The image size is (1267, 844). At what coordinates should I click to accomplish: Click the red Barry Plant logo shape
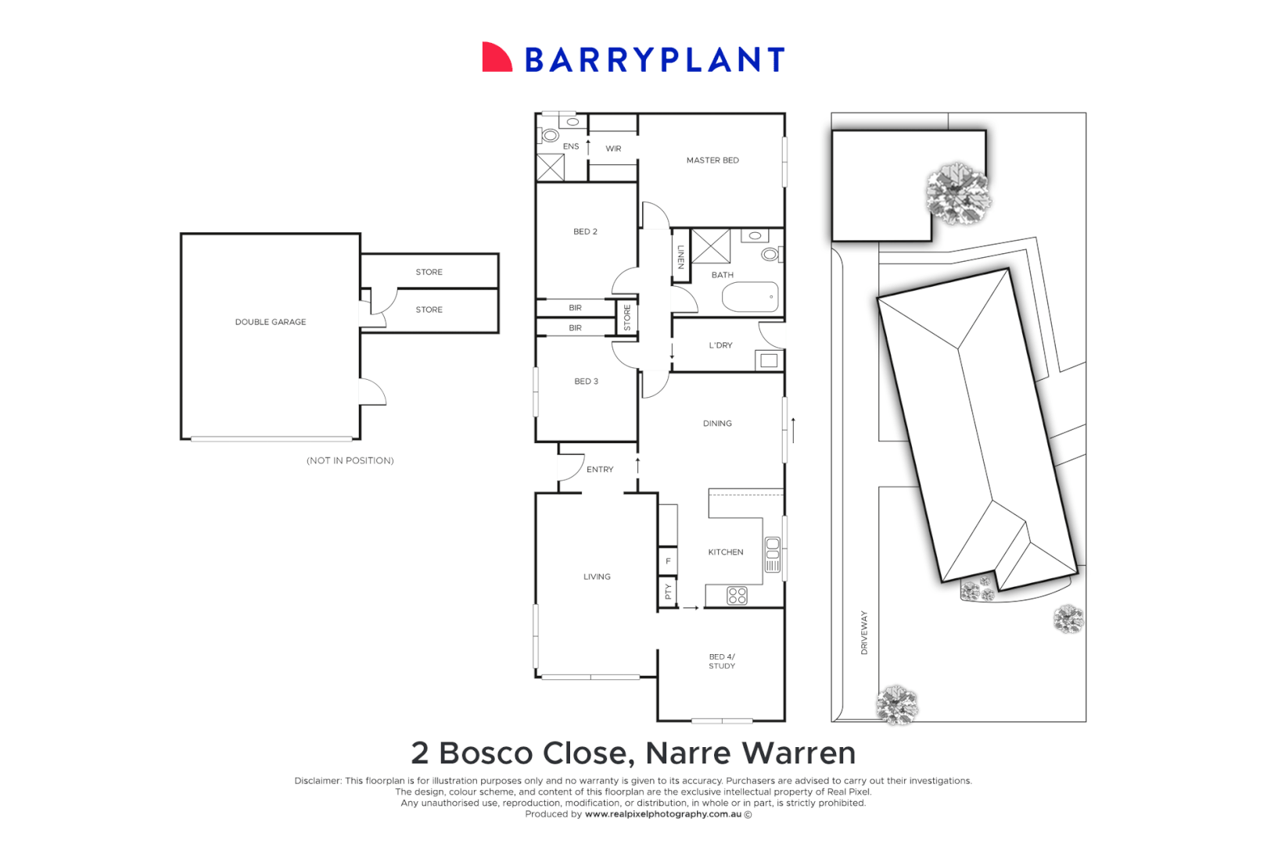click(x=496, y=58)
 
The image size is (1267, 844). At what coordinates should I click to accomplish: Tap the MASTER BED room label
click(x=712, y=160)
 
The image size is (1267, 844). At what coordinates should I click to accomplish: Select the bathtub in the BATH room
click(x=750, y=297)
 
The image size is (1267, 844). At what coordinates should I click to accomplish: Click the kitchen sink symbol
click(x=773, y=554)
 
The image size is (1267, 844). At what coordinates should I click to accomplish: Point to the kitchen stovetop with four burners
click(x=737, y=595)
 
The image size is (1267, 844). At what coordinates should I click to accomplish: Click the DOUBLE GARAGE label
click(x=271, y=322)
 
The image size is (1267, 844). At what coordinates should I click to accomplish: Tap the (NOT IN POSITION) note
click(x=350, y=461)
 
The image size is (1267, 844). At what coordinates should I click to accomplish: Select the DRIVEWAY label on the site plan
click(x=864, y=632)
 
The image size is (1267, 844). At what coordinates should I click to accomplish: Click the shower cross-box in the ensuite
click(x=551, y=167)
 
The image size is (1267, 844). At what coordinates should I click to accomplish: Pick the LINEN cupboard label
click(x=681, y=256)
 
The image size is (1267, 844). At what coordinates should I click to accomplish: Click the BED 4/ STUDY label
click(x=722, y=661)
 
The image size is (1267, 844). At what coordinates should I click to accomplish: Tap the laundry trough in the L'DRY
click(x=769, y=360)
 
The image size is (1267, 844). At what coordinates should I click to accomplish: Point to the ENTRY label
click(x=600, y=470)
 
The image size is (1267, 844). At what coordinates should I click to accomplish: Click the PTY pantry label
click(x=668, y=592)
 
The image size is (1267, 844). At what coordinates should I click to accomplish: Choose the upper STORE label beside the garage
click(x=429, y=272)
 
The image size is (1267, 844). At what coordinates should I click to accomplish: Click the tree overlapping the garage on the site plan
click(x=958, y=192)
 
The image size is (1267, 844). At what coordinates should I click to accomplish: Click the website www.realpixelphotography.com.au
click(x=663, y=814)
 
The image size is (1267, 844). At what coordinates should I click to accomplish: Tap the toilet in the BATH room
click(x=770, y=254)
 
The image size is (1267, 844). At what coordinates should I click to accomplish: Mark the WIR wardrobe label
click(x=613, y=148)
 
